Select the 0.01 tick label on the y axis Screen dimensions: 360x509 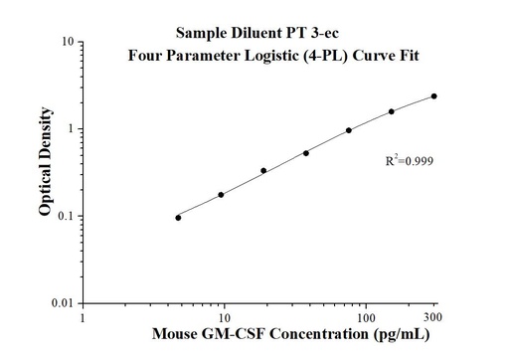(63, 303)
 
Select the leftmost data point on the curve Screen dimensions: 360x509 (178, 217)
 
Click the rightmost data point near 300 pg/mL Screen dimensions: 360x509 (433, 96)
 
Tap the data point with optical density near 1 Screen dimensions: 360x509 (349, 130)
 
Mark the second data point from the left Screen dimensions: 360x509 (221, 195)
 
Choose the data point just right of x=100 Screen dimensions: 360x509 (392, 111)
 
